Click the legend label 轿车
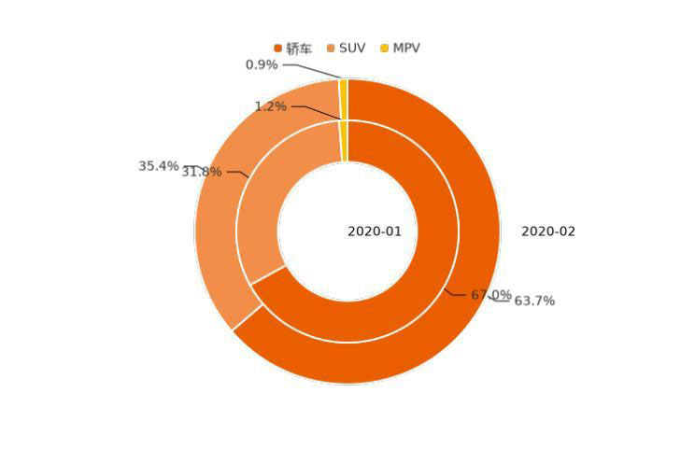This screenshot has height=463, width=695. coord(299,49)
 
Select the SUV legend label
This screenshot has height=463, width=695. coord(352,49)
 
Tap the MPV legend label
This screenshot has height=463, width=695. coord(406,49)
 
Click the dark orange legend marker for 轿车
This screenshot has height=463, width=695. coord(278,49)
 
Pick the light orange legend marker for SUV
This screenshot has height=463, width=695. coord(331,49)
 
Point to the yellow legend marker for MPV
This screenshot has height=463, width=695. coord(384,49)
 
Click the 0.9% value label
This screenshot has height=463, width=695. coord(262,65)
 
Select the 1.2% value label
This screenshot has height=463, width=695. coord(271,106)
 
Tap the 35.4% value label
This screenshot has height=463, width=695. coord(158,166)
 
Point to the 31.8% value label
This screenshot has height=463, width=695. coord(202,172)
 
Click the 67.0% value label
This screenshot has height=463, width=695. coord(490,295)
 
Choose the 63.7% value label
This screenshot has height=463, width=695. coord(534,301)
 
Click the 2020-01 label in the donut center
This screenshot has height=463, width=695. coord(375,231)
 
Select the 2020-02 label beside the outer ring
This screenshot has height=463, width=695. coord(548,231)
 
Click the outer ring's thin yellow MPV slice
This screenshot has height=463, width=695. coord(344,99)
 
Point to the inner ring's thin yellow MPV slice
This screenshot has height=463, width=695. coord(344,141)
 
